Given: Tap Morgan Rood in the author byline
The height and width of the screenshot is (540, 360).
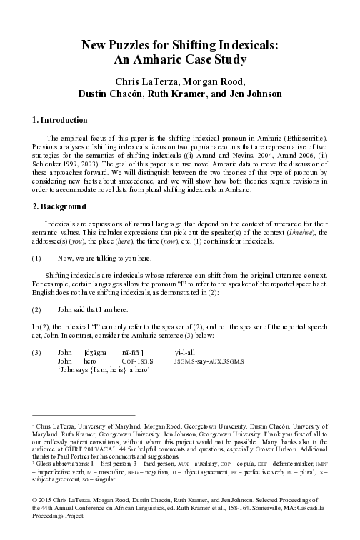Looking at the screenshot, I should point(213,80).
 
